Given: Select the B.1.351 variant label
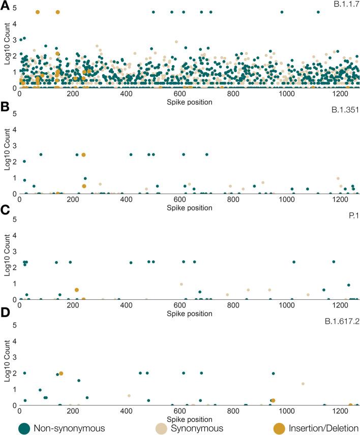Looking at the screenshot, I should (346, 110).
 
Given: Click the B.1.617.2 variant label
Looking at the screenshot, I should (342, 321).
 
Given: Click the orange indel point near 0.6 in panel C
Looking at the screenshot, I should (76, 290).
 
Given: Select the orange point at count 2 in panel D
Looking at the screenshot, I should (61, 373).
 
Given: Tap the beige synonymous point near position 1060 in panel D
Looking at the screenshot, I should (303, 384).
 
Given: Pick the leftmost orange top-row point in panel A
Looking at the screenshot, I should (38, 12).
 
